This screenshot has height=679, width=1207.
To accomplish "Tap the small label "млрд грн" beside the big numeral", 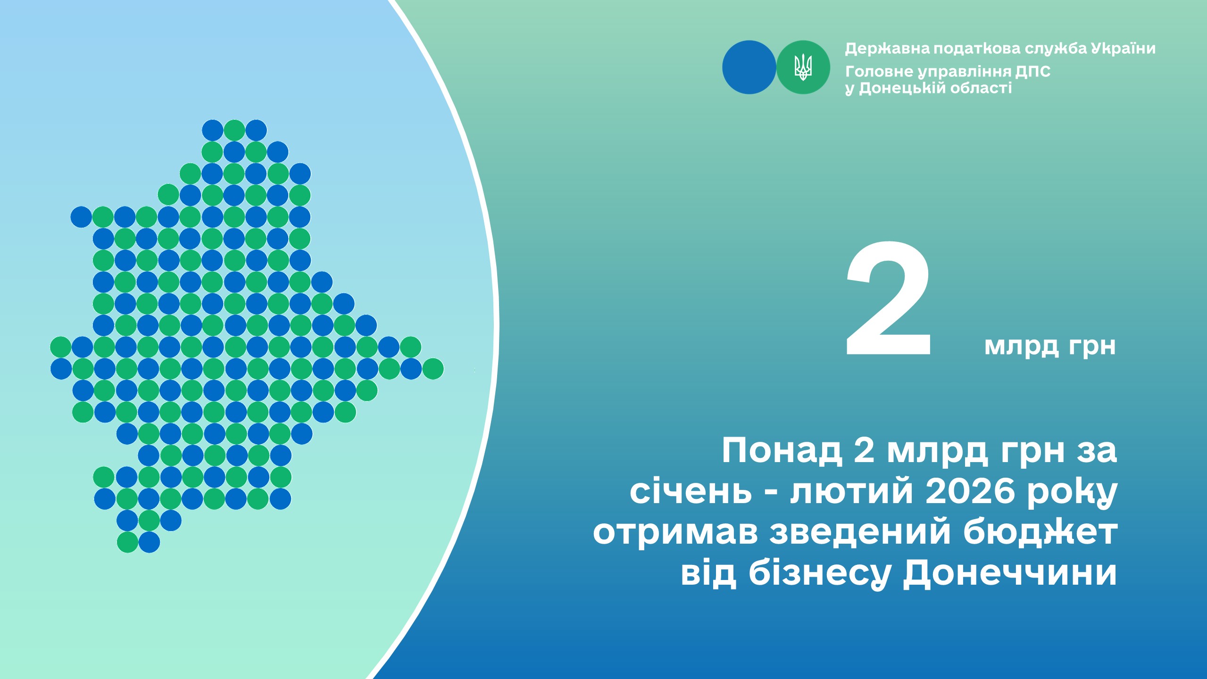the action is pos(1050,347).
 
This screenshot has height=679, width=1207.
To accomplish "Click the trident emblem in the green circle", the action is pos(803,67).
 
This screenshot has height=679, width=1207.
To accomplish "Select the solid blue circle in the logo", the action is pos(749,67).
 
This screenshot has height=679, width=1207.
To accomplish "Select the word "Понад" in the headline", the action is pos(782,451).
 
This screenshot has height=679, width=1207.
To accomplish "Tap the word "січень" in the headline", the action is pos(691,491).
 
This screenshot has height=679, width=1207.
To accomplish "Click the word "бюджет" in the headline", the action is pos(1040,532).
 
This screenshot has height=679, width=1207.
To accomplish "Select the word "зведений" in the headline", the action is pos(860,532).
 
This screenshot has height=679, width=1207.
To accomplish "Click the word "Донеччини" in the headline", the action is pos(1010,574).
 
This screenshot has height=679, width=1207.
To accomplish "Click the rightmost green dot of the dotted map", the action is pos(433,369).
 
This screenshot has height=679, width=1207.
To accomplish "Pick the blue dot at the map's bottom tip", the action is pos(149,542).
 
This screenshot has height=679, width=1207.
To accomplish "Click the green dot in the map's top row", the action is pos(234,130).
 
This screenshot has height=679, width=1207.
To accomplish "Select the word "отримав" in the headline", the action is pos(675,533).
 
